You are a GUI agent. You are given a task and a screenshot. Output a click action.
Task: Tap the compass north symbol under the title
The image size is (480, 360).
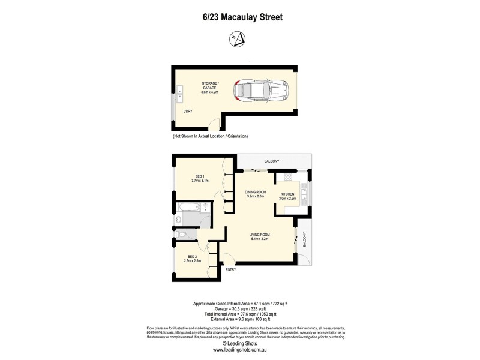click(238, 39)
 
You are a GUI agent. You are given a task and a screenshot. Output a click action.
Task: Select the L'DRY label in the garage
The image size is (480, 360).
click(187, 111)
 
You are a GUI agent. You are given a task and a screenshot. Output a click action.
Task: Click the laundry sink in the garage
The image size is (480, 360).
click(179, 92)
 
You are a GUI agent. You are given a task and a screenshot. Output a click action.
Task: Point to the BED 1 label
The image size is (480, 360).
click(200, 175)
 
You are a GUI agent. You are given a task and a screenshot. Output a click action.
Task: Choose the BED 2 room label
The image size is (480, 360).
click(192, 256)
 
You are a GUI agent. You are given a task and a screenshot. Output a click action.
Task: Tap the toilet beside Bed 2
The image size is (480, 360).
click(180, 233)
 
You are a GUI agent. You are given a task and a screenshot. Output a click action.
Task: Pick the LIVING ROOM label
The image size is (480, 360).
click(260, 235)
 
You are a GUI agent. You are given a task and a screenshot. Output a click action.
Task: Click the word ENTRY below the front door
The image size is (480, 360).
click(231, 269)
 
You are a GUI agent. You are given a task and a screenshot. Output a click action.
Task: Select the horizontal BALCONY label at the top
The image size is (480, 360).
click(272, 161)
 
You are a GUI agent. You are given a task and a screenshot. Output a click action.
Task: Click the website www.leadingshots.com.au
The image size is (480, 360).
click(239, 349)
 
